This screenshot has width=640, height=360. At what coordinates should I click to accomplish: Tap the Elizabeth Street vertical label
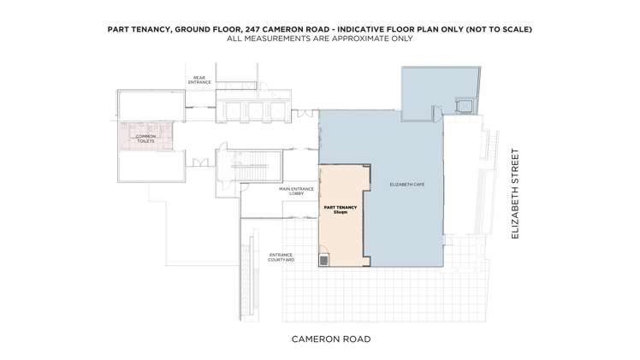tap(515, 193)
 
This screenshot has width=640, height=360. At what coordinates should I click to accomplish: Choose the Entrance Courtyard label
tap(281, 257)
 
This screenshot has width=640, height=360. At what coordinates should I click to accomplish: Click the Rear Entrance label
tap(199, 80)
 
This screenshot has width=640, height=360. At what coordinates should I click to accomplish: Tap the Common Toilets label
tap(146, 138)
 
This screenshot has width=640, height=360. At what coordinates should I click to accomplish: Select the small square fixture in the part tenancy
tap(325, 259)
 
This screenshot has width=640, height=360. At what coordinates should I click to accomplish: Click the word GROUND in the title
tap(193, 29)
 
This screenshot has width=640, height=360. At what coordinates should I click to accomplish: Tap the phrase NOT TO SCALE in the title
tap(499, 29)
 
